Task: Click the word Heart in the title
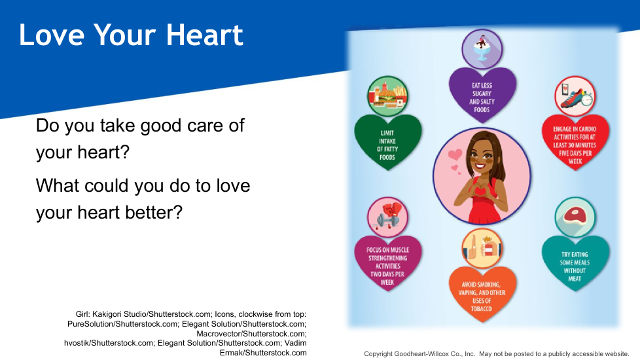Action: tap(204, 35)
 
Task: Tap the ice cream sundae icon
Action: tap(482, 49)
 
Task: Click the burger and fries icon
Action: tap(387, 96)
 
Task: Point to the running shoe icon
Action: tap(575, 96)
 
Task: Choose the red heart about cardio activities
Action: tap(575, 142)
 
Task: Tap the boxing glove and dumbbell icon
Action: tap(387, 217)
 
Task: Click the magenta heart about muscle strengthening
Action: tap(387, 263)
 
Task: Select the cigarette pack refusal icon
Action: tap(482, 248)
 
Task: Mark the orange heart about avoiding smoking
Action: tap(482, 295)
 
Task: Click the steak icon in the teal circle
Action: tap(575, 217)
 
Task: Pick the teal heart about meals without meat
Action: tap(575, 263)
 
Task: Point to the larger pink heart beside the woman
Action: tap(455, 154)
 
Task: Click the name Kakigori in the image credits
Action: tap(107, 314)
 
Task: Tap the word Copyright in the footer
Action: tap(378, 354)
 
